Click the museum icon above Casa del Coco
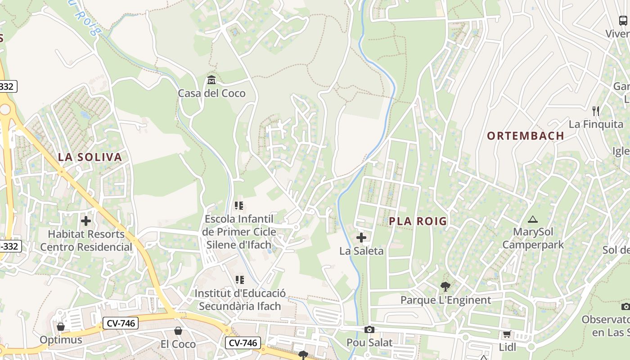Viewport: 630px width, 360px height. point(211,80)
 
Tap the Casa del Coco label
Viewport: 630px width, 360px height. point(211,93)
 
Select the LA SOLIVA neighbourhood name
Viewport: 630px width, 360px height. point(90,157)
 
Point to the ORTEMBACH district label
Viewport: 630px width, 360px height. point(526,135)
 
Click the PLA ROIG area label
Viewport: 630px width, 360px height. point(418,221)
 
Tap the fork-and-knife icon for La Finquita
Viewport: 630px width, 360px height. point(596,111)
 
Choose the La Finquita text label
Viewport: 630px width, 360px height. point(596,124)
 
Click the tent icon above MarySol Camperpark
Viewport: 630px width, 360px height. point(533,220)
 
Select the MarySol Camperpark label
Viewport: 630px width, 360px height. point(533,238)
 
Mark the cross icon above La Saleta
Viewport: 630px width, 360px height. point(361,238)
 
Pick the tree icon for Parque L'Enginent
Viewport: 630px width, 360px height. point(445,286)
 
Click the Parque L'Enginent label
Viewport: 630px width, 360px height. point(445,300)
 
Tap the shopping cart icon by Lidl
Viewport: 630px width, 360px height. point(507,334)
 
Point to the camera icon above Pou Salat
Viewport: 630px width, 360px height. point(369,329)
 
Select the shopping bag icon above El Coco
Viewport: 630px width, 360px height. point(178,331)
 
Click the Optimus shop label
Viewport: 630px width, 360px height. point(61,339)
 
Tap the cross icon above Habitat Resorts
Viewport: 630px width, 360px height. point(86,221)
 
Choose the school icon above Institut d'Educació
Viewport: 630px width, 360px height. point(240,280)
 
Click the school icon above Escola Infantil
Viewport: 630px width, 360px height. point(239,206)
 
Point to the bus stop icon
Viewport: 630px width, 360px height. point(623,20)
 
